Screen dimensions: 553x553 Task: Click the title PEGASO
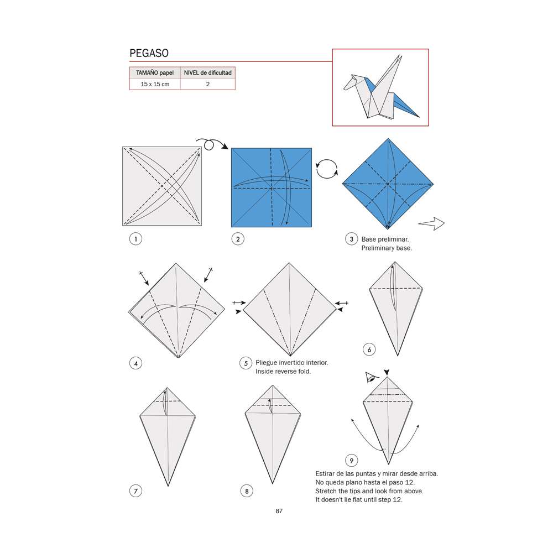(x=149, y=54)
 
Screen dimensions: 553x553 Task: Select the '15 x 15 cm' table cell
(x=155, y=84)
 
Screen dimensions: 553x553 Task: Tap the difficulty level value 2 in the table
(x=207, y=84)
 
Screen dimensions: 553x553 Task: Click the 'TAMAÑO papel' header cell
(x=155, y=72)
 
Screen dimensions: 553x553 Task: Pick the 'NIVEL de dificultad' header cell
(x=207, y=72)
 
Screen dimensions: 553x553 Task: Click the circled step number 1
(x=134, y=239)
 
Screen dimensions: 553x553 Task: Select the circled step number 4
(x=134, y=363)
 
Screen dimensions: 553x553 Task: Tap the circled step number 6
(x=369, y=349)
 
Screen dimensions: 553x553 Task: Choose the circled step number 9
(x=351, y=460)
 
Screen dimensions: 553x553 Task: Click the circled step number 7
(x=134, y=491)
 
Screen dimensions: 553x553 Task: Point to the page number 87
(x=279, y=511)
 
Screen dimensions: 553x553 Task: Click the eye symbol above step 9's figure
(x=371, y=378)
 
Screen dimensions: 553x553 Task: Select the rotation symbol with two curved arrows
(x=326, y=169)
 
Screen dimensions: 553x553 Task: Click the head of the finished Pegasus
(x=349, y=83)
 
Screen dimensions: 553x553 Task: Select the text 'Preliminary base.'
(x=387, y=248)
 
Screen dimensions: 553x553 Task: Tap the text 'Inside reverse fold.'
(x=283, y=372)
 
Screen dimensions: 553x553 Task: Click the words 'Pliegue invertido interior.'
(x=291, y=363)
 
